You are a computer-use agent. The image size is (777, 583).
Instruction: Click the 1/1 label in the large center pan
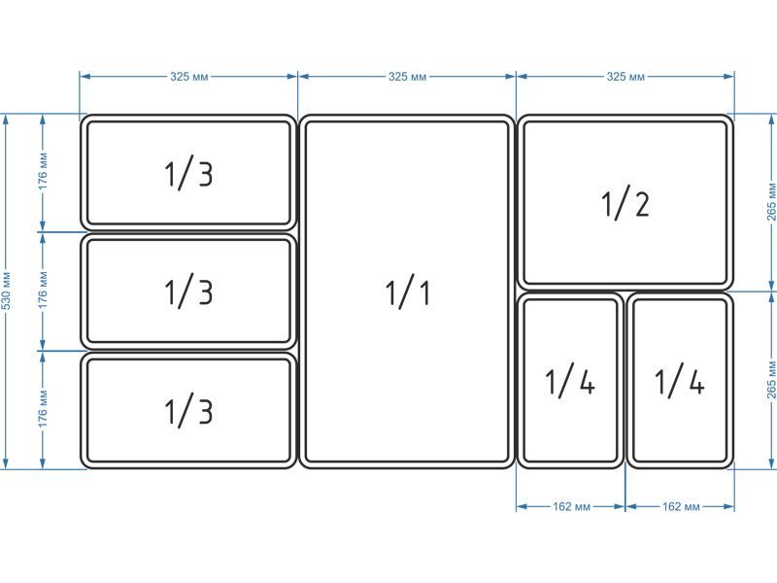click(407, 293)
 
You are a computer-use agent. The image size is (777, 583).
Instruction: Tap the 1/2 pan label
click(625, 203)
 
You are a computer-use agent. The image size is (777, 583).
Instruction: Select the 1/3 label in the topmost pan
click(188, 174)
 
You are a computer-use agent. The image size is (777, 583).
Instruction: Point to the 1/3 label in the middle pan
click(188, 292)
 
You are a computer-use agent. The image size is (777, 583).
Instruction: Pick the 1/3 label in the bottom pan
click(188, 410)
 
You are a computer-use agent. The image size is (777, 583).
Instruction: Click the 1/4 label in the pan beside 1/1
click(570, 381)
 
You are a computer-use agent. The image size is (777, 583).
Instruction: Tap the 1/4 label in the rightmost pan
click(679, 381)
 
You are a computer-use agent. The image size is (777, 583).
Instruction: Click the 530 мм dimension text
click(6, 291)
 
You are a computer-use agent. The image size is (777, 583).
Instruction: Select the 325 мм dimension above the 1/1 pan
click(407, 77)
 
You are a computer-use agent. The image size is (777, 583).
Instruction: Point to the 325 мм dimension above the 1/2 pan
click(625, 77)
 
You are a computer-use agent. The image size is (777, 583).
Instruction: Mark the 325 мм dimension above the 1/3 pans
click(189, 77)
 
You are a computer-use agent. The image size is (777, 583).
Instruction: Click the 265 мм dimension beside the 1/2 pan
click(771, 202)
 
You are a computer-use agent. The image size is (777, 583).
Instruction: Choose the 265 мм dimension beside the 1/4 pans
click(771, 380)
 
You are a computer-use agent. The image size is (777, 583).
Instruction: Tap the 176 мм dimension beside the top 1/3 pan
click(43, 172)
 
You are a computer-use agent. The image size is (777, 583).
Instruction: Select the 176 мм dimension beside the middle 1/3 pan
click(43, 291)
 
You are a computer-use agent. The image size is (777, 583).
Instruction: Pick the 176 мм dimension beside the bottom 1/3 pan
click(43, 409)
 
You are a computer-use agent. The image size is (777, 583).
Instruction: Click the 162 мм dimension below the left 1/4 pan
click(571, 506)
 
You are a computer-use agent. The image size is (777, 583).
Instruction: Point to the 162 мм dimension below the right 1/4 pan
click(681, 506)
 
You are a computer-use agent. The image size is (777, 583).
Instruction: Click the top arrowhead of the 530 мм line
click(6, 119)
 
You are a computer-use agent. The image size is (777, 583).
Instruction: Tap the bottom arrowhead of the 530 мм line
click(6, 463)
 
